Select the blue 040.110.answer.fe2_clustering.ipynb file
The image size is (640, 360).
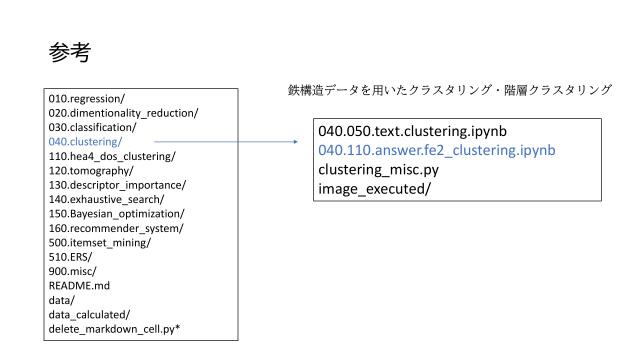(x=437, y=149)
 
